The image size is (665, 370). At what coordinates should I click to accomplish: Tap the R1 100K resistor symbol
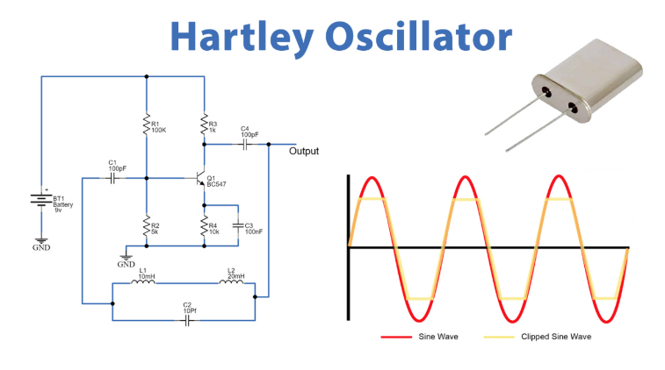(x=146, y=125)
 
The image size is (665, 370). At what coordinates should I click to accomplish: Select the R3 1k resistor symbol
(x=203, y=125)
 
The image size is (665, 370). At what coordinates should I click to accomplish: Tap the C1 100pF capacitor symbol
(x=112, y=178)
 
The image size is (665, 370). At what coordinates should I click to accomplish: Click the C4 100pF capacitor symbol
(x=244, y=144)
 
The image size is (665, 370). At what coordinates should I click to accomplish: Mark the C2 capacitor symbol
(x=187, y=321)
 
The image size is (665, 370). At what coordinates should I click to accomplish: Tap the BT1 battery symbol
(x=40, y=200)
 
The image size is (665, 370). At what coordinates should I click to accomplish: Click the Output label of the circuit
(x=304, y=151)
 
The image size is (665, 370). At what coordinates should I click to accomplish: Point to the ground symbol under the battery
(x=40, y=241)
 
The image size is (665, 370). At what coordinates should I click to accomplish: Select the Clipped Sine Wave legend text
(x=554, y=337)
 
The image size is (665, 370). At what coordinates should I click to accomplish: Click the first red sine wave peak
(x=372, y=180)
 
